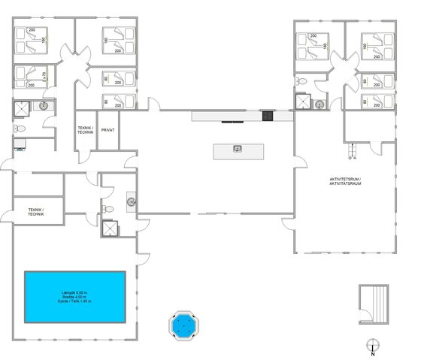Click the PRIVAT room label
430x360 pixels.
(x=107, y=130)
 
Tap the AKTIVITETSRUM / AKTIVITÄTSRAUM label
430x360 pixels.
(x=345, y=181)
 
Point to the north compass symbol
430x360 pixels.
(x=372, y=346)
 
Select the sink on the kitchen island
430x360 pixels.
(x=238, y=149)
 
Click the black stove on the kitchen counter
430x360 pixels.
(x=267, y=116)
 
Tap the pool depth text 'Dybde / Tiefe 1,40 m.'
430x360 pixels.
(x=74, y=301)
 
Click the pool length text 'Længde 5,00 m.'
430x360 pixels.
(x=74, y=292)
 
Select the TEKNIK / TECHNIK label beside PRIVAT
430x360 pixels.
(x=85, y=130)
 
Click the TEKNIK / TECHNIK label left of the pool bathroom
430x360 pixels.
(x=35, y=212)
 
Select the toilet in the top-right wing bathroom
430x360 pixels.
(x=320, y=104)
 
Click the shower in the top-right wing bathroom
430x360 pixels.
(x=303, y=102)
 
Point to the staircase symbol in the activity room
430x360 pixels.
(x=351, y=152)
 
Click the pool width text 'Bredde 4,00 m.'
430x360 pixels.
(x=74, y=296)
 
